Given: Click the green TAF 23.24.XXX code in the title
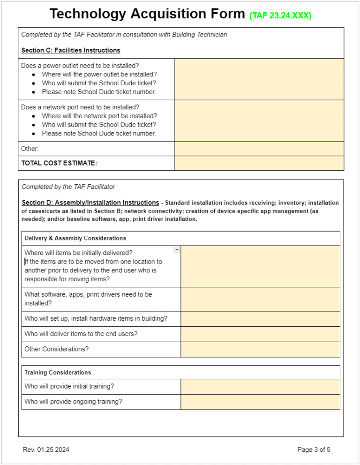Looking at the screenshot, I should pyautogui.click(x=280, y=16).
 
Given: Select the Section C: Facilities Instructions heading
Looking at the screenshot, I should pyautogui.click(x=71, y=50).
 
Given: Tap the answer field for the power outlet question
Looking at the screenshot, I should pyautogui.click(x=259, y=79).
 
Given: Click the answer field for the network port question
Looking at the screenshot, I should pyautogui.click(x=259, y=120).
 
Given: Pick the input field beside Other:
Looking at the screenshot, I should pyautogui.click(x=259, y=149).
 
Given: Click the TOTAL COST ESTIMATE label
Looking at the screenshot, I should pyautogui.click(x=59, y=163).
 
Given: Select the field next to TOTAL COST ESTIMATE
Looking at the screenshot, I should pyautogui.click(x=259, y=163).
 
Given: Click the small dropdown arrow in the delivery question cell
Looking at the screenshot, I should pyautogui.click(x=177, y=249).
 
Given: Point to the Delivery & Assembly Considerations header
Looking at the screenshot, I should pyautogui.click(x=75, y=238).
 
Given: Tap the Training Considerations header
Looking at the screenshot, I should pyautogui.click(x=58, y=372).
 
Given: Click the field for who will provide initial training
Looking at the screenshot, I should pyautogui.click(x=260, y=387).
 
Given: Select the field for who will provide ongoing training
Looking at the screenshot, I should pyautogui.click(x=260, y=402).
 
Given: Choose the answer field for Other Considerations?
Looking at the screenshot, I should pyautogui.click(x=260, y=349).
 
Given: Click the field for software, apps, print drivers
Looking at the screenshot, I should pyautogui.click(x=260, y=299).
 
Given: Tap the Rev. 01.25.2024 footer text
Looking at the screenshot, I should pyautogui.click(x=46, y=450).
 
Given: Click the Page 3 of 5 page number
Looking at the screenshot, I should pyautogui.click(x=314, y=450).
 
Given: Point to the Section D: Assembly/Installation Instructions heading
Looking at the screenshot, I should pyautogui.click(x=90, y=202).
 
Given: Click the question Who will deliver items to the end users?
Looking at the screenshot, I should pyautogui.click(x=81, y=334).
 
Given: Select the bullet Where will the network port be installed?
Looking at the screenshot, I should pyautogui.click(x=99, y=116).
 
